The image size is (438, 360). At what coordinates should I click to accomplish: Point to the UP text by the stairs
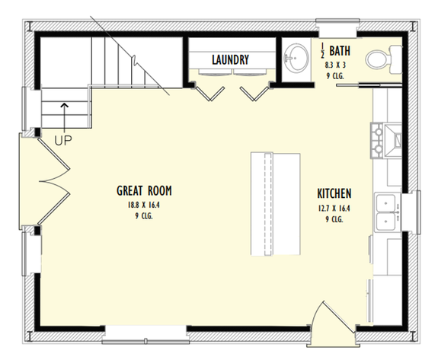63,140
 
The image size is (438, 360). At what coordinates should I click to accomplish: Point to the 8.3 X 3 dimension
335,66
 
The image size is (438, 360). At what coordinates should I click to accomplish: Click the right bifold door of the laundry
252,93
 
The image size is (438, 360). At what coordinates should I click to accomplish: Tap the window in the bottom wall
145,330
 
